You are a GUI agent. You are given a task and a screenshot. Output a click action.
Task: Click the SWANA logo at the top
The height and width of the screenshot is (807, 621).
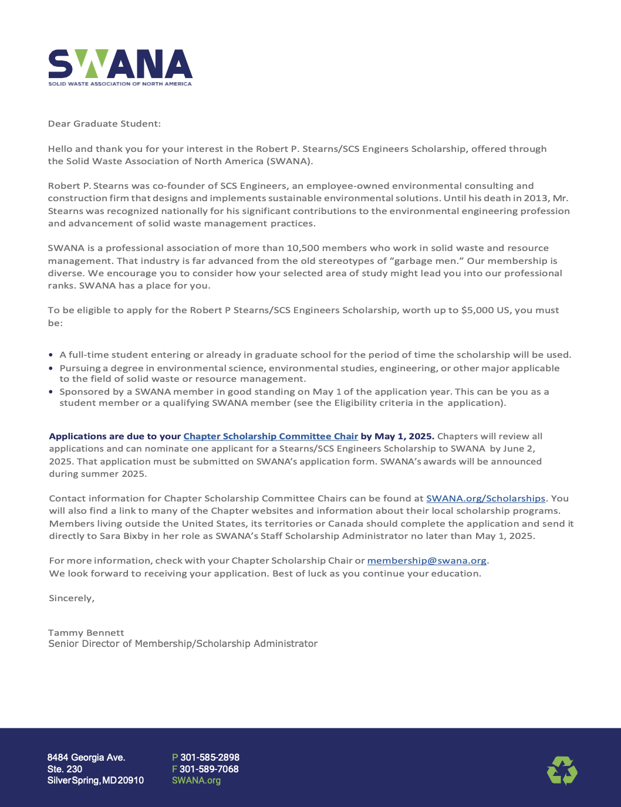tap(120, 67)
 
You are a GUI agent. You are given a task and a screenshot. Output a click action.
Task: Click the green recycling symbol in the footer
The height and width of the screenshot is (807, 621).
tap(562, 770)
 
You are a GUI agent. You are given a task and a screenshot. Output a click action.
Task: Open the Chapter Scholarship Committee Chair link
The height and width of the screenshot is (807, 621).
tap(271, 436)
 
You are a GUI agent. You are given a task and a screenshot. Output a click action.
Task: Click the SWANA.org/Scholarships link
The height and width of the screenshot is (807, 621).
tap(485, 499)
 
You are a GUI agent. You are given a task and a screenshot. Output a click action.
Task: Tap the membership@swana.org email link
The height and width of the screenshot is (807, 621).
tap(427, 561)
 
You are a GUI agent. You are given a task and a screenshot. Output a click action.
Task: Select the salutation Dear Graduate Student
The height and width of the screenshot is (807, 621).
tap(104, 124)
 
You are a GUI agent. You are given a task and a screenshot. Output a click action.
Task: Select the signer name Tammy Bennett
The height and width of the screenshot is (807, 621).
tap(86, 633)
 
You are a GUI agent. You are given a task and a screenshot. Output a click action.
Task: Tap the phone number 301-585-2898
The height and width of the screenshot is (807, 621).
tap(210, 757)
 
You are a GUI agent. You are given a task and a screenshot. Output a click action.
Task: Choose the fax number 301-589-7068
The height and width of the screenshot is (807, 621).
tap(209, 769)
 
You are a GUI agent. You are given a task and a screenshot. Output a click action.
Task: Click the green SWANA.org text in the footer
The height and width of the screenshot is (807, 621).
tap(196, 781)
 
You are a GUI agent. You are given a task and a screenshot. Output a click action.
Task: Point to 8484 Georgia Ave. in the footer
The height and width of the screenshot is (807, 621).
tap(86, 757)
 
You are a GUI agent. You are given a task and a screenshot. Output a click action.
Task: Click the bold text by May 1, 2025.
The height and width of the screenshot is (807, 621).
tap(397, 436)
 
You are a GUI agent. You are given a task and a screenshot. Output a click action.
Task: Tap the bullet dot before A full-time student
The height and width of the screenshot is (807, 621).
tap(51, 355)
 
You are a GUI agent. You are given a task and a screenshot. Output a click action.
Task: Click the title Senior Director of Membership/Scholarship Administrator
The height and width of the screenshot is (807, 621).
tap(183, 644)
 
